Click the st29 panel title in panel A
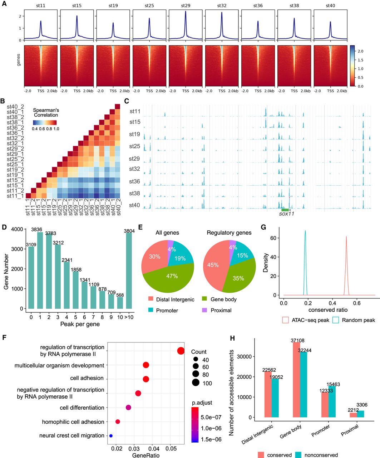[186, 5]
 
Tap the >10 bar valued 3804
[129, 271]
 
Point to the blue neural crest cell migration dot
[111, 435]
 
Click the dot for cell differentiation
[128, 408]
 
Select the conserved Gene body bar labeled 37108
[296, 380]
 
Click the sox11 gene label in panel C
[286, 214]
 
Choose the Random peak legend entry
[354, 320]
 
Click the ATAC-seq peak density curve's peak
[346, 237]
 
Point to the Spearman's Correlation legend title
[46, 112]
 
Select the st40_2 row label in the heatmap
[15, 107]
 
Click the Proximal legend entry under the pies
[217, 310]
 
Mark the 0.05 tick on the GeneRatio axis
[171, 448]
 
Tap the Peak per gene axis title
[80, 324]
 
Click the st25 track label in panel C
[134, 146]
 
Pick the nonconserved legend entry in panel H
[316, 455]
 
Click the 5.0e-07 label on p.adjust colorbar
[211, 417]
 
